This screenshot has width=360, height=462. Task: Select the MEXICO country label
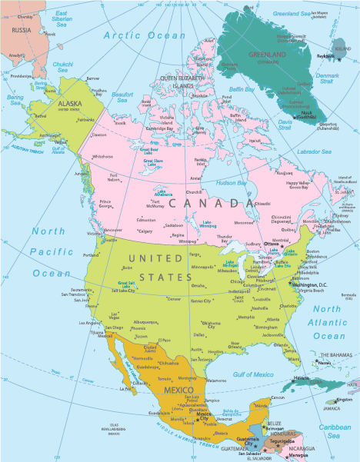[x=178, y=391]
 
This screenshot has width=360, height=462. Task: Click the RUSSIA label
[x=21, y=30]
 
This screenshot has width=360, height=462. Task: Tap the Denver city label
[x=173, y=299]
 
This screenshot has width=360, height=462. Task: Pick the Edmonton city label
[x=146, y=220]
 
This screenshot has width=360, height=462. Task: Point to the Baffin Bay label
[x=242, y=90]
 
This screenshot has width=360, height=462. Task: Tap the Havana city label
[x=301, y=377]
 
